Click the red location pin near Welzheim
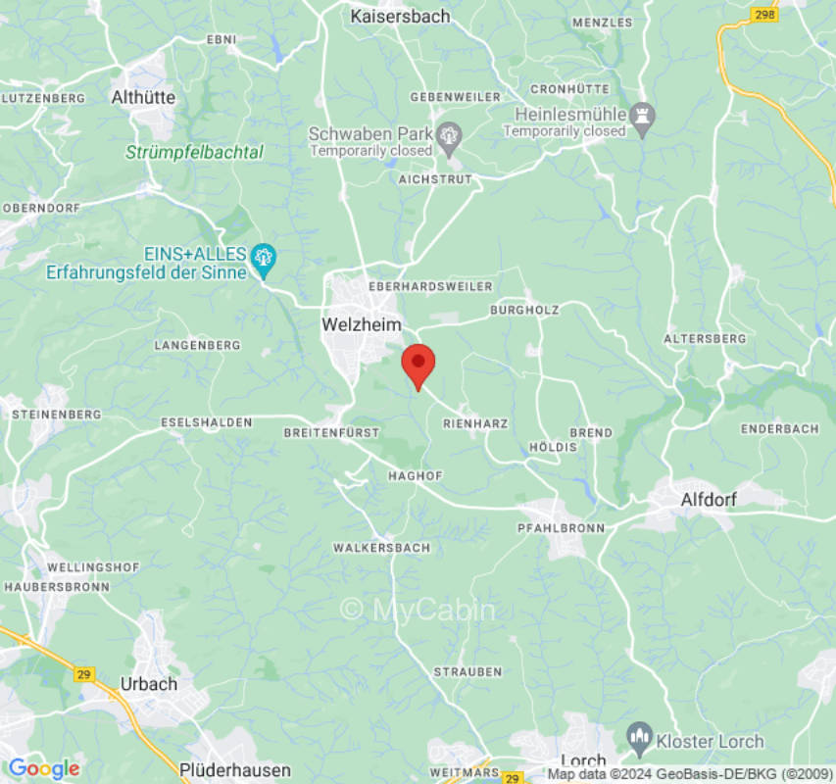click(418, 366)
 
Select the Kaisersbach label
click(401, 17)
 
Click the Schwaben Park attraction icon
click(450, 134)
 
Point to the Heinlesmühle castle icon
click(643, 115)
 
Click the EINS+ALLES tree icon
click(263, 259)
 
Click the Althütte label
click(143, 97)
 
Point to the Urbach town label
click(148, 683)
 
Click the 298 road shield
click(764, 15)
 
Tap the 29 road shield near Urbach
click(85, 674)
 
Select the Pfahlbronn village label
click(561, 527)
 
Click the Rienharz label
click(475, 423)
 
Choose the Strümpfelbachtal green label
click(194, 152)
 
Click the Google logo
click(43, 768)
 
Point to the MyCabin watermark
click(418, 610)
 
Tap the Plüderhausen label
click(235, 769)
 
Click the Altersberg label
click(705, 338)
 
